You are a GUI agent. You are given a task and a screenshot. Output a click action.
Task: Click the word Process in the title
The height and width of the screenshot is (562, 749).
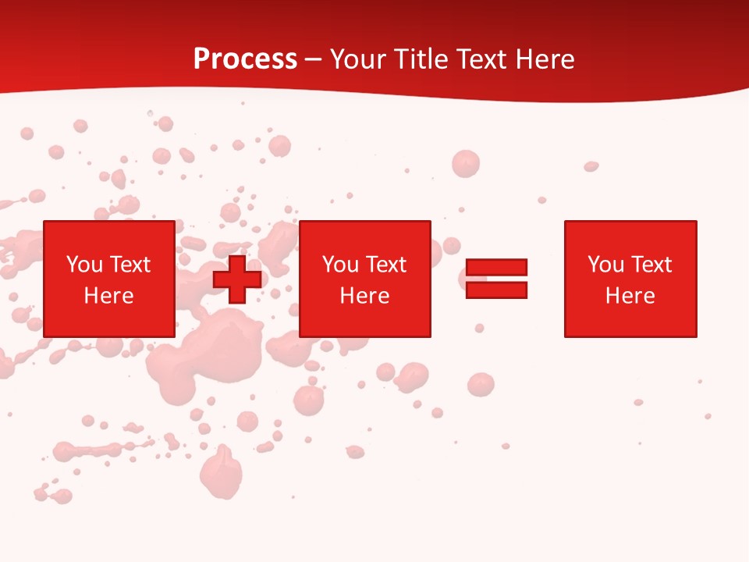point(245,59)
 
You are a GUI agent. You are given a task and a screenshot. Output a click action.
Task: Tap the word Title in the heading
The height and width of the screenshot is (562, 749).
point(421,59)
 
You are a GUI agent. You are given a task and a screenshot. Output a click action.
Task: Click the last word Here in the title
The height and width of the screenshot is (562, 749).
point(545,59)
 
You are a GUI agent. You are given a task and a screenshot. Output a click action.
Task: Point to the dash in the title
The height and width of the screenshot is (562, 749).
point(314,60)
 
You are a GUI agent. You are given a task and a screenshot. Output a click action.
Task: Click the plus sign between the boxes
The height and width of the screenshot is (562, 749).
point(237,279)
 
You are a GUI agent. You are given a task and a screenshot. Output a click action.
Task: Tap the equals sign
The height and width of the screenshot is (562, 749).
point(496,279)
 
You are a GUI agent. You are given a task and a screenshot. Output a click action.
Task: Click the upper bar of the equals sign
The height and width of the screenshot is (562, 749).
point(496,268)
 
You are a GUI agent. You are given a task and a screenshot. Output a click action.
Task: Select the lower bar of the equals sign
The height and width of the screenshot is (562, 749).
point(496,290)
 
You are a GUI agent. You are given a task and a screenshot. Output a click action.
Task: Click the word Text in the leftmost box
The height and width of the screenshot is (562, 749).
point(130,265)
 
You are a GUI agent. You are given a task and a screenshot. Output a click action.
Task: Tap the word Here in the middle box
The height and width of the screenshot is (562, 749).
point(365,296)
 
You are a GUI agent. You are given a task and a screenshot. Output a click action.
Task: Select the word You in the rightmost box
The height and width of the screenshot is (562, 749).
point(606,265)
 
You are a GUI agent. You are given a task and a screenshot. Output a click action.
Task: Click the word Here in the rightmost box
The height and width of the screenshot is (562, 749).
point(630,296)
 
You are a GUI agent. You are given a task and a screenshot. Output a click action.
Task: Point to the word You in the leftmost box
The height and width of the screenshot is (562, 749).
point(85,265)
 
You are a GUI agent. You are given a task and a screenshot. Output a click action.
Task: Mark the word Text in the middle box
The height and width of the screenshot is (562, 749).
point(385,265)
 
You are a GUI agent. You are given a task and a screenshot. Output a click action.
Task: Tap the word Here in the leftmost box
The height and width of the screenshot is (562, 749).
point(109,296)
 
